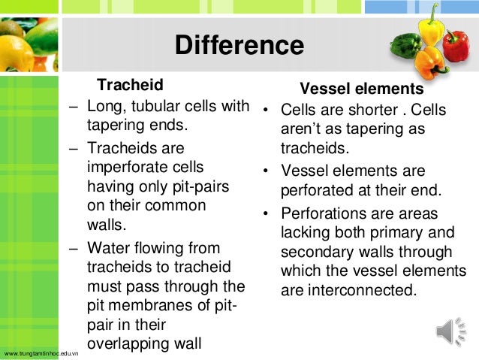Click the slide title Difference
click(x=239, y=46)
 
